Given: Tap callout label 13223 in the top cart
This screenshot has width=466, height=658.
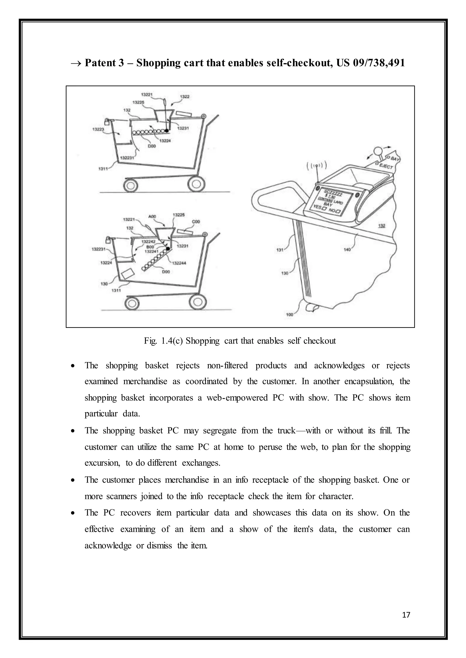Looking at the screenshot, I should (98, 130).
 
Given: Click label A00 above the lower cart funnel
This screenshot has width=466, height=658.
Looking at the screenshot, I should (152, 216).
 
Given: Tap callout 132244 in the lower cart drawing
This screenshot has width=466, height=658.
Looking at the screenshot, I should (179, 263).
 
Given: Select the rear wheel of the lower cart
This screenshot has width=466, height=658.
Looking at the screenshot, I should (198, 302).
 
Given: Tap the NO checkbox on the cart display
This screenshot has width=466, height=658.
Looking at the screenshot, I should (339, 212).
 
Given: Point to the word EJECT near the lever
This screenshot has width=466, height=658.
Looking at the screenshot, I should (386, 166).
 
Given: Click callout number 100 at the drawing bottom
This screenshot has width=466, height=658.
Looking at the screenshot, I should (290, 314).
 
